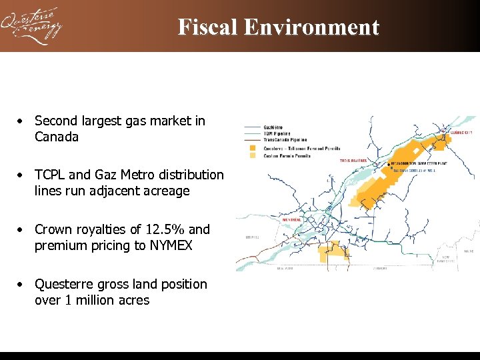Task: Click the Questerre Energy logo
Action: coord(31,26)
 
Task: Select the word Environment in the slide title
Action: coord(311,27)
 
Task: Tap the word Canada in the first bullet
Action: coord(57,137)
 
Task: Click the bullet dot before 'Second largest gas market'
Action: coord(22,121)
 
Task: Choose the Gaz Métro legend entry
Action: coord(271,127)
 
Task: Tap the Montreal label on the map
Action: coord(293,219)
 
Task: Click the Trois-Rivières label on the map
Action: coord(353,161)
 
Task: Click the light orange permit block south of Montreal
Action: coord(330,252)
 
